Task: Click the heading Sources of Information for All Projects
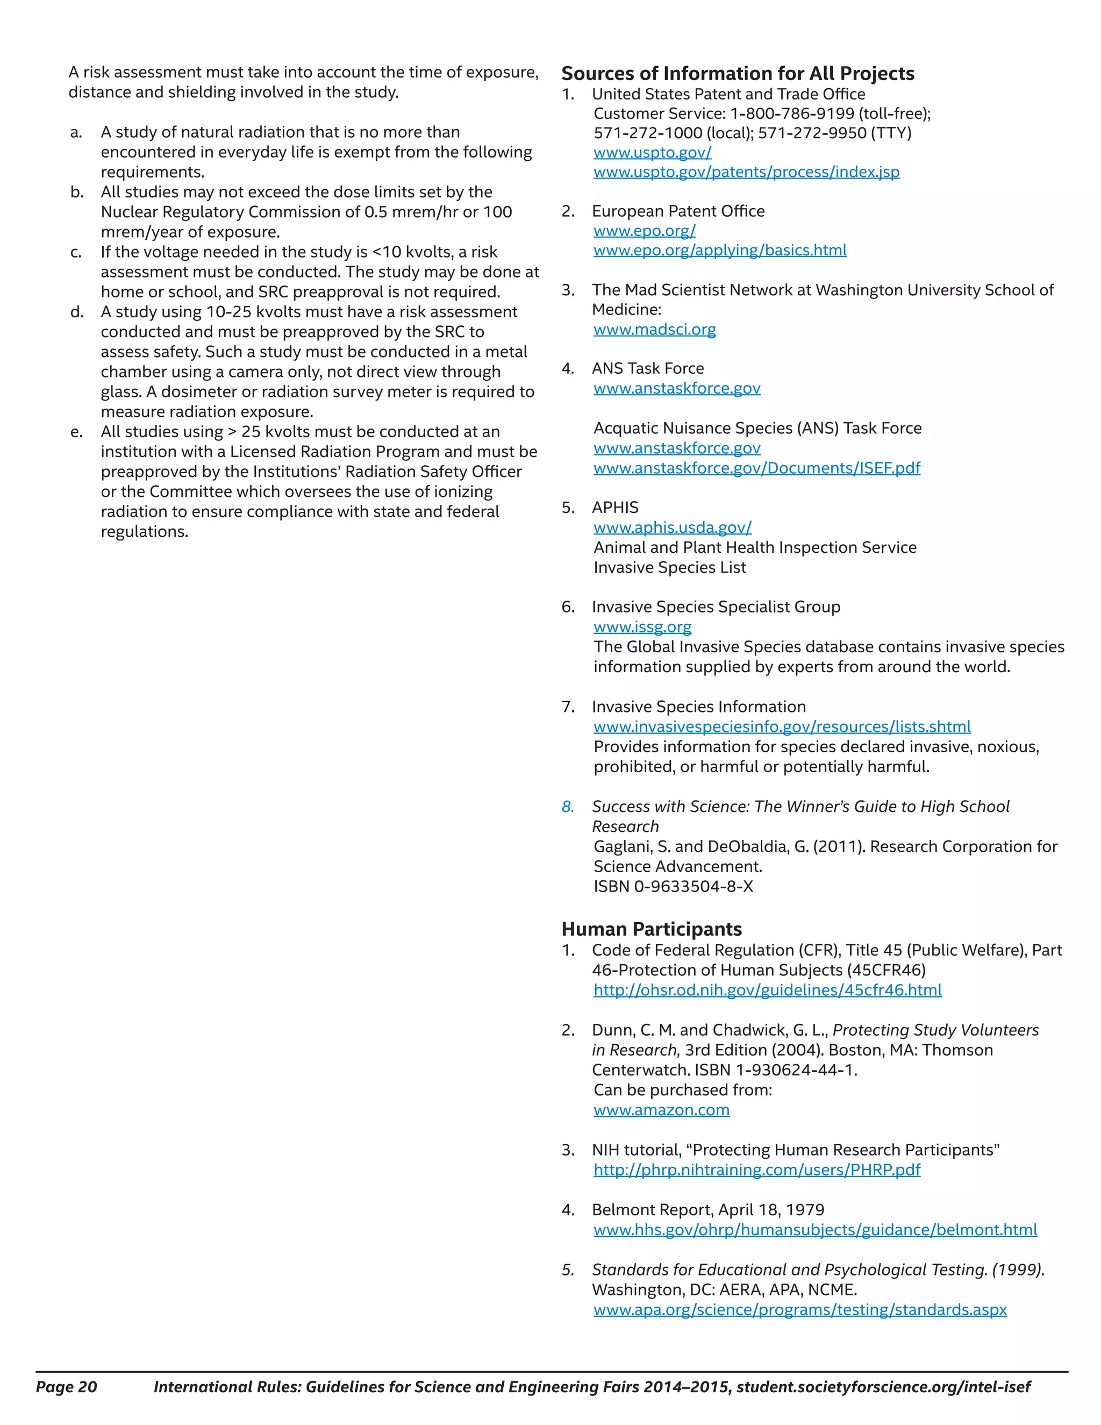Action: coord(738,74)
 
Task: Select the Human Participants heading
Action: coord(651,929)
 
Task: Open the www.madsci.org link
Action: coord(654,330)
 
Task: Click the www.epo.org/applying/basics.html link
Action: coord(719,251)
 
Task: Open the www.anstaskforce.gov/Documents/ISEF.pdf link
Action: coord(756,468)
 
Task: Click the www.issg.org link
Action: coord(642,627)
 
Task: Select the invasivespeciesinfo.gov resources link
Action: coord(781,727)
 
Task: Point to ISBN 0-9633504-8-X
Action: coord(673,887)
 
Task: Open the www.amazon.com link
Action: coord(661,1110)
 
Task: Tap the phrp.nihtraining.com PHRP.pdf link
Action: coord(756,1170)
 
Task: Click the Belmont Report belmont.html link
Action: coord(814,1230)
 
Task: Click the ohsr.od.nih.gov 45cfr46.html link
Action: coord(767,991)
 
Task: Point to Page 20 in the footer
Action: coord(66,1387)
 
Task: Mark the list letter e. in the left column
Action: coord(76,432)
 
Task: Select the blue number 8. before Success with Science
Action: coord(568,807)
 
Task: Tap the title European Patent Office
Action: coord(678,211)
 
